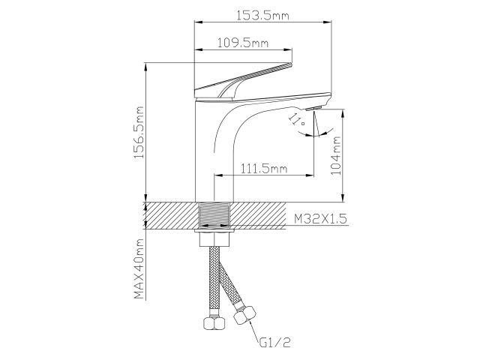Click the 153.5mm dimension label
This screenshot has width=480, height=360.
pyautogui.click(x=263, y=15)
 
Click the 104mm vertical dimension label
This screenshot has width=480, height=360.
pyautogui.click(x=337, y=154)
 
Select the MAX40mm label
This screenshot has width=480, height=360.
pyautogui.click(x=138, y=268)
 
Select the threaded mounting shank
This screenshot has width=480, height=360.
pyautogui.click(x=216, y=216)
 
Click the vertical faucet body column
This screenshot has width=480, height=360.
pyautogui.click(x=207, y=150)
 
